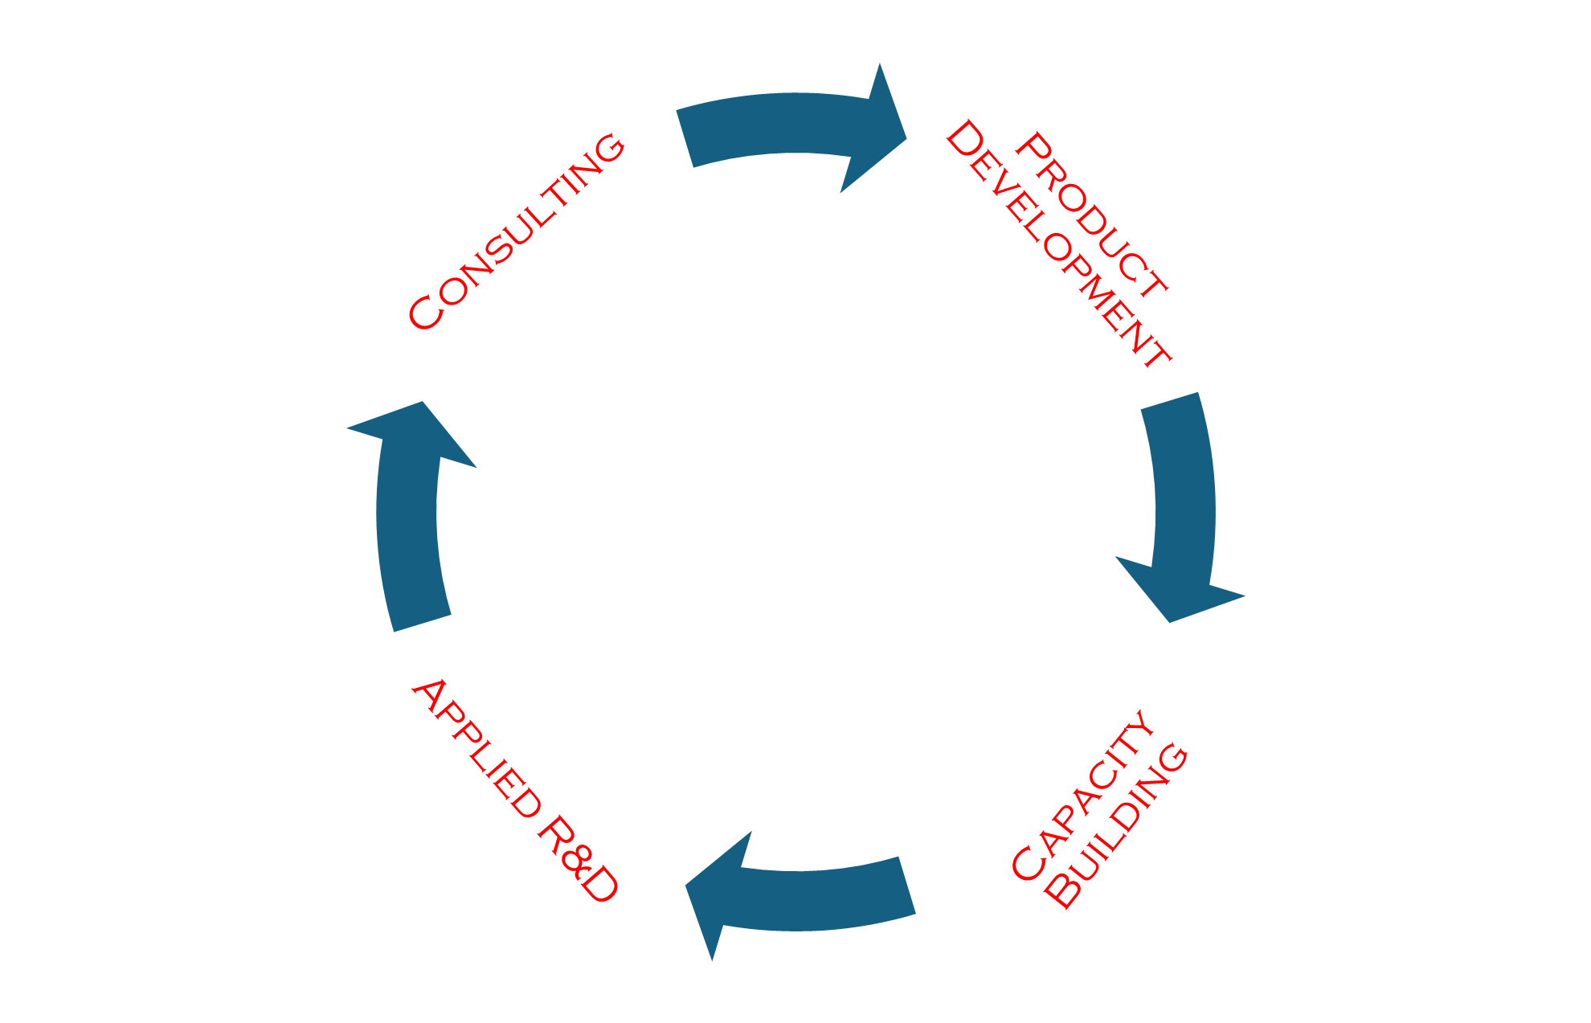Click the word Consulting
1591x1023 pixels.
(517, 232)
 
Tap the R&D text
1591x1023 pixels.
(578, 859)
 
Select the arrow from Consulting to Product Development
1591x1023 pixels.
(771, 125)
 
